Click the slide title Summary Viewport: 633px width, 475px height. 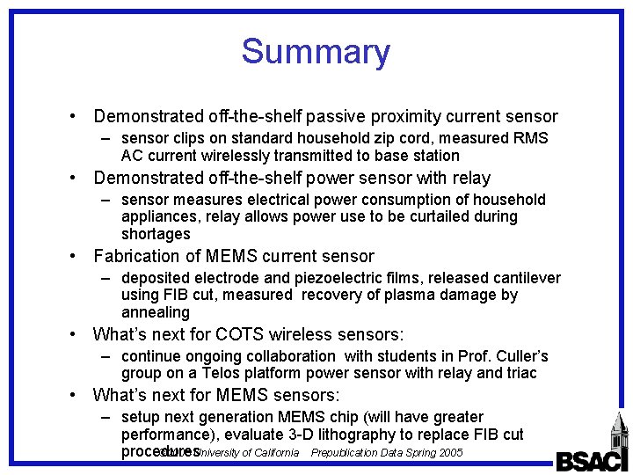pos(316,52)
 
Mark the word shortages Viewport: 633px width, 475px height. pos(156,234)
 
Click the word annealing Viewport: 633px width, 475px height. pos(155,312)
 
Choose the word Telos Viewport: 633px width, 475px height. pos(229,373)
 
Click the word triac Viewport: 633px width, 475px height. pos(518,373)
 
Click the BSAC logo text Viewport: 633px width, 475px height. pos(591,461)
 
